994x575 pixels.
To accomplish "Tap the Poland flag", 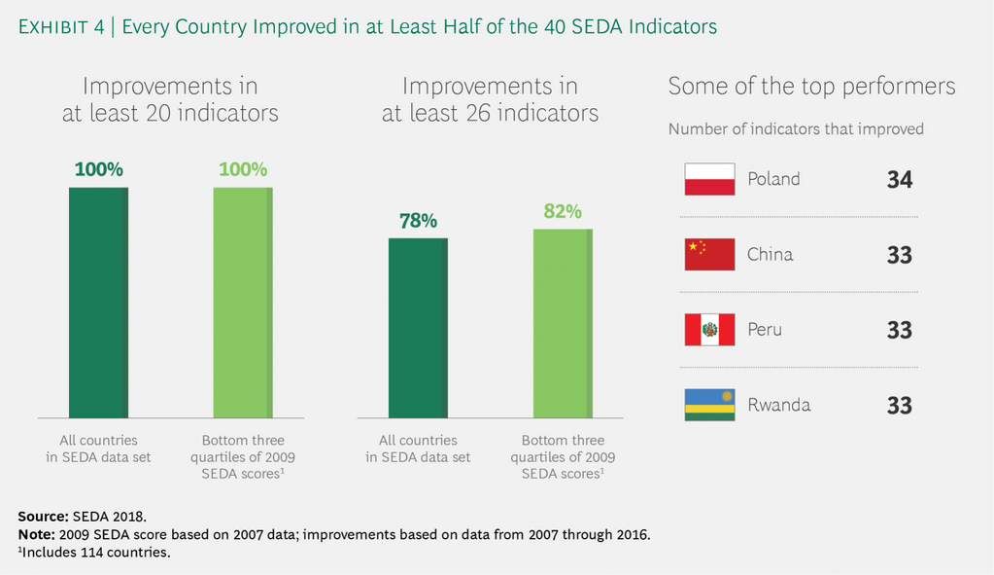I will (709, 179).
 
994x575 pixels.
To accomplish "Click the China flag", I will (709, 255).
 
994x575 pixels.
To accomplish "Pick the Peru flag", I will (709, 330).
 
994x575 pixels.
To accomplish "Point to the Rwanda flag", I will (709, 405).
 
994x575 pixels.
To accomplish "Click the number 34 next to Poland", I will (899, 180).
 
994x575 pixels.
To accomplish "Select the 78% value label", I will (418, 221).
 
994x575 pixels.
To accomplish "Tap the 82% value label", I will (563, 211).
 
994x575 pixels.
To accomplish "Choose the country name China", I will (770, 255).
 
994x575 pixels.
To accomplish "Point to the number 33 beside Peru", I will (899, 330).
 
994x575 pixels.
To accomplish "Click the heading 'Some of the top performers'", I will (811, 87).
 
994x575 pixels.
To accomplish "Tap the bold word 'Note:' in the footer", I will (37, 534).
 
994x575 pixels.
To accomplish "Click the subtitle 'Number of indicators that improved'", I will (796, 128).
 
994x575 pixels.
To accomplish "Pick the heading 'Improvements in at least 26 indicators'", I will (490, 99).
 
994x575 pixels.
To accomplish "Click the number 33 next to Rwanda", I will (899, 405).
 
